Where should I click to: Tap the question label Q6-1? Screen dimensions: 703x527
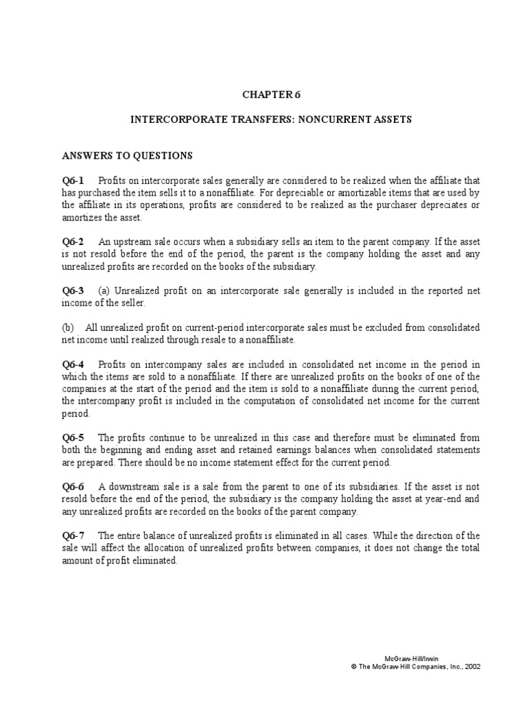(72, 181)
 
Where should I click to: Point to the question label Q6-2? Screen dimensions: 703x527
(72, 242)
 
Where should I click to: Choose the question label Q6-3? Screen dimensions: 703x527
(72, 291)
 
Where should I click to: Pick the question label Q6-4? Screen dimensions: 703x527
(72, 365)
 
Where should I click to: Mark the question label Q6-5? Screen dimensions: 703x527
(72, 438)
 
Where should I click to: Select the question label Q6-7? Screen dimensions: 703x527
(72, 536)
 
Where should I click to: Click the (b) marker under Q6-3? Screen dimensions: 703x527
(67, 328)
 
